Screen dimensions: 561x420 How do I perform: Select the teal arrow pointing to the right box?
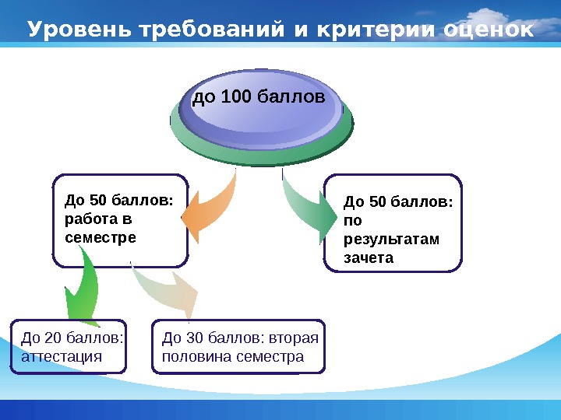click(x=306, y=207)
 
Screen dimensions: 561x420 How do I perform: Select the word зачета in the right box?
click(x=369, y=257)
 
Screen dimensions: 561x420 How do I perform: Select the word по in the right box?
click(x=352, y=220)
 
